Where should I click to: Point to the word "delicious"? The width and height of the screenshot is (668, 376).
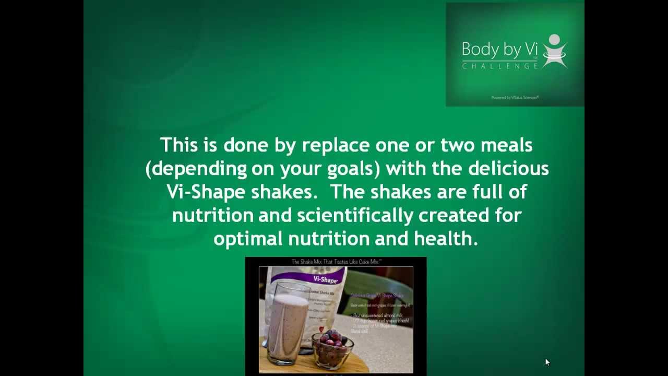click(x=508, y=169)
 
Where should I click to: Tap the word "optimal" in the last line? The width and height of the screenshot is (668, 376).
click(x=248, y=239)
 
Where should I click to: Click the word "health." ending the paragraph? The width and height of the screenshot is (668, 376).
click(x=446, y=239)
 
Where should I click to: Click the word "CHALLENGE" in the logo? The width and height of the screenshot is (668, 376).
click(x=500, y=66)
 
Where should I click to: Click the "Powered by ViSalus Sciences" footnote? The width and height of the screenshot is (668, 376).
click(x=515, y=97)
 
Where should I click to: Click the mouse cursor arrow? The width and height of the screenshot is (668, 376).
click(x=547, y=361)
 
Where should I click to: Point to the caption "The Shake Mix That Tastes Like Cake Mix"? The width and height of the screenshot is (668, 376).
click(x=335, y=262)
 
